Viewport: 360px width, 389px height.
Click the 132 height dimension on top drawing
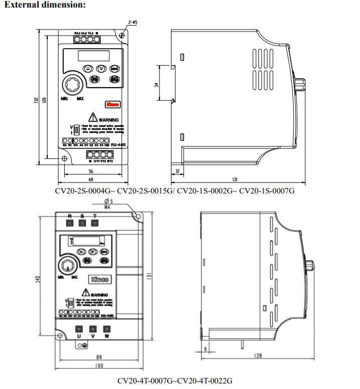pos(37,100)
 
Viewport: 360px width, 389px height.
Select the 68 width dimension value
pos(91,179)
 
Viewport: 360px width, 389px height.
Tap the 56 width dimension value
pos(91,170)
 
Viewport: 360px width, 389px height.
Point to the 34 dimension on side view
pos(157,85)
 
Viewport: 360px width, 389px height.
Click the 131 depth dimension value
pos(235,179)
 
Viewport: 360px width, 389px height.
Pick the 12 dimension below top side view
pos(178,171)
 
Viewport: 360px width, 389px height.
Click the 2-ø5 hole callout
pos(133,23)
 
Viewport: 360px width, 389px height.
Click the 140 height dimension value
pos(38,279)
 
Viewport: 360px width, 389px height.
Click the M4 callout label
pos(107,207)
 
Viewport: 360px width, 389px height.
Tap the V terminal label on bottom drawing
pos(93,336)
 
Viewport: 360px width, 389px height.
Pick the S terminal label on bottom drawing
pos(82,216)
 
